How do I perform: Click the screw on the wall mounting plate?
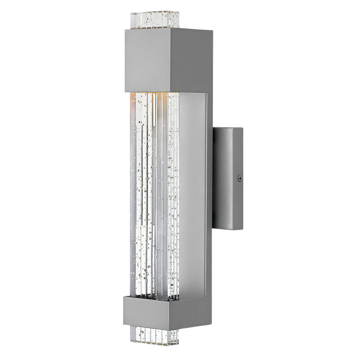pos(239,179)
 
